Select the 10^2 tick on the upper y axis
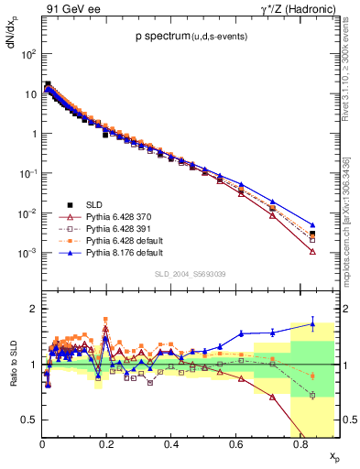point(27,54)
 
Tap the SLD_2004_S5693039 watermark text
point(190,274)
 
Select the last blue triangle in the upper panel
point(312,224)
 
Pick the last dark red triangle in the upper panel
point(312,251)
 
